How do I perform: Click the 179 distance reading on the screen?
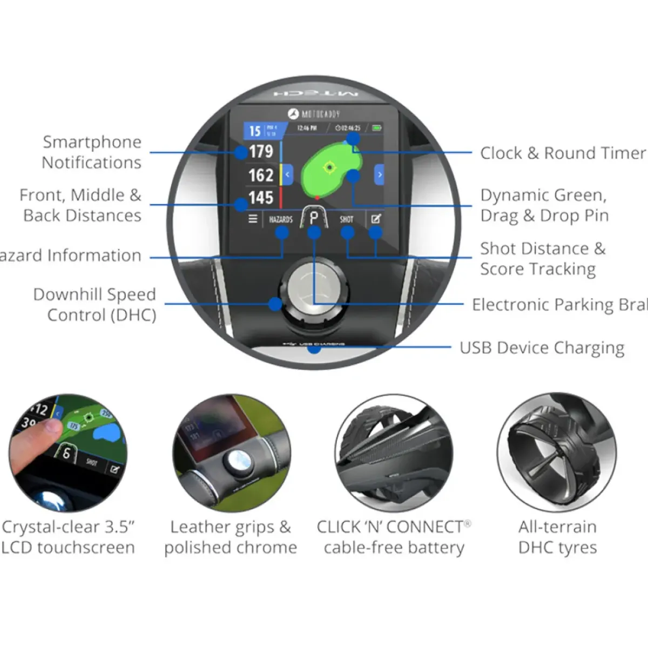[x=261, y=152]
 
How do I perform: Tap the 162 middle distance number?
[x=261, y=175]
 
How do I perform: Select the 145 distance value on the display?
[x=261, y=198]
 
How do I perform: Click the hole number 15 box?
[x=255, y=131]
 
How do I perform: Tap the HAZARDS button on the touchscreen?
[x=281, y=219]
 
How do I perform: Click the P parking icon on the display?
[x=314, y=218]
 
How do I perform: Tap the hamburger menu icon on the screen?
[x=253, y=219]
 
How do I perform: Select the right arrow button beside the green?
[x=380, y=174]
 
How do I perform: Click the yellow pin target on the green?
[x=329, y=167]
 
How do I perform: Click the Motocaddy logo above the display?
[x=314, y=114]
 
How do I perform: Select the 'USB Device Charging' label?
[x=542, y=348]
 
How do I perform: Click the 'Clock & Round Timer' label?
[x=563, y=153]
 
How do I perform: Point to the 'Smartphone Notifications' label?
[x=92, y=152]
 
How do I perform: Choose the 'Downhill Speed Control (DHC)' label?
[x=95, y=305]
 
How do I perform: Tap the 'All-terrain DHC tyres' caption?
[x=557, y=537]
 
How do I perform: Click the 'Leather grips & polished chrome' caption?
[x=231, y=537]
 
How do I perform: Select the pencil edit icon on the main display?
[x=376, y=219]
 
